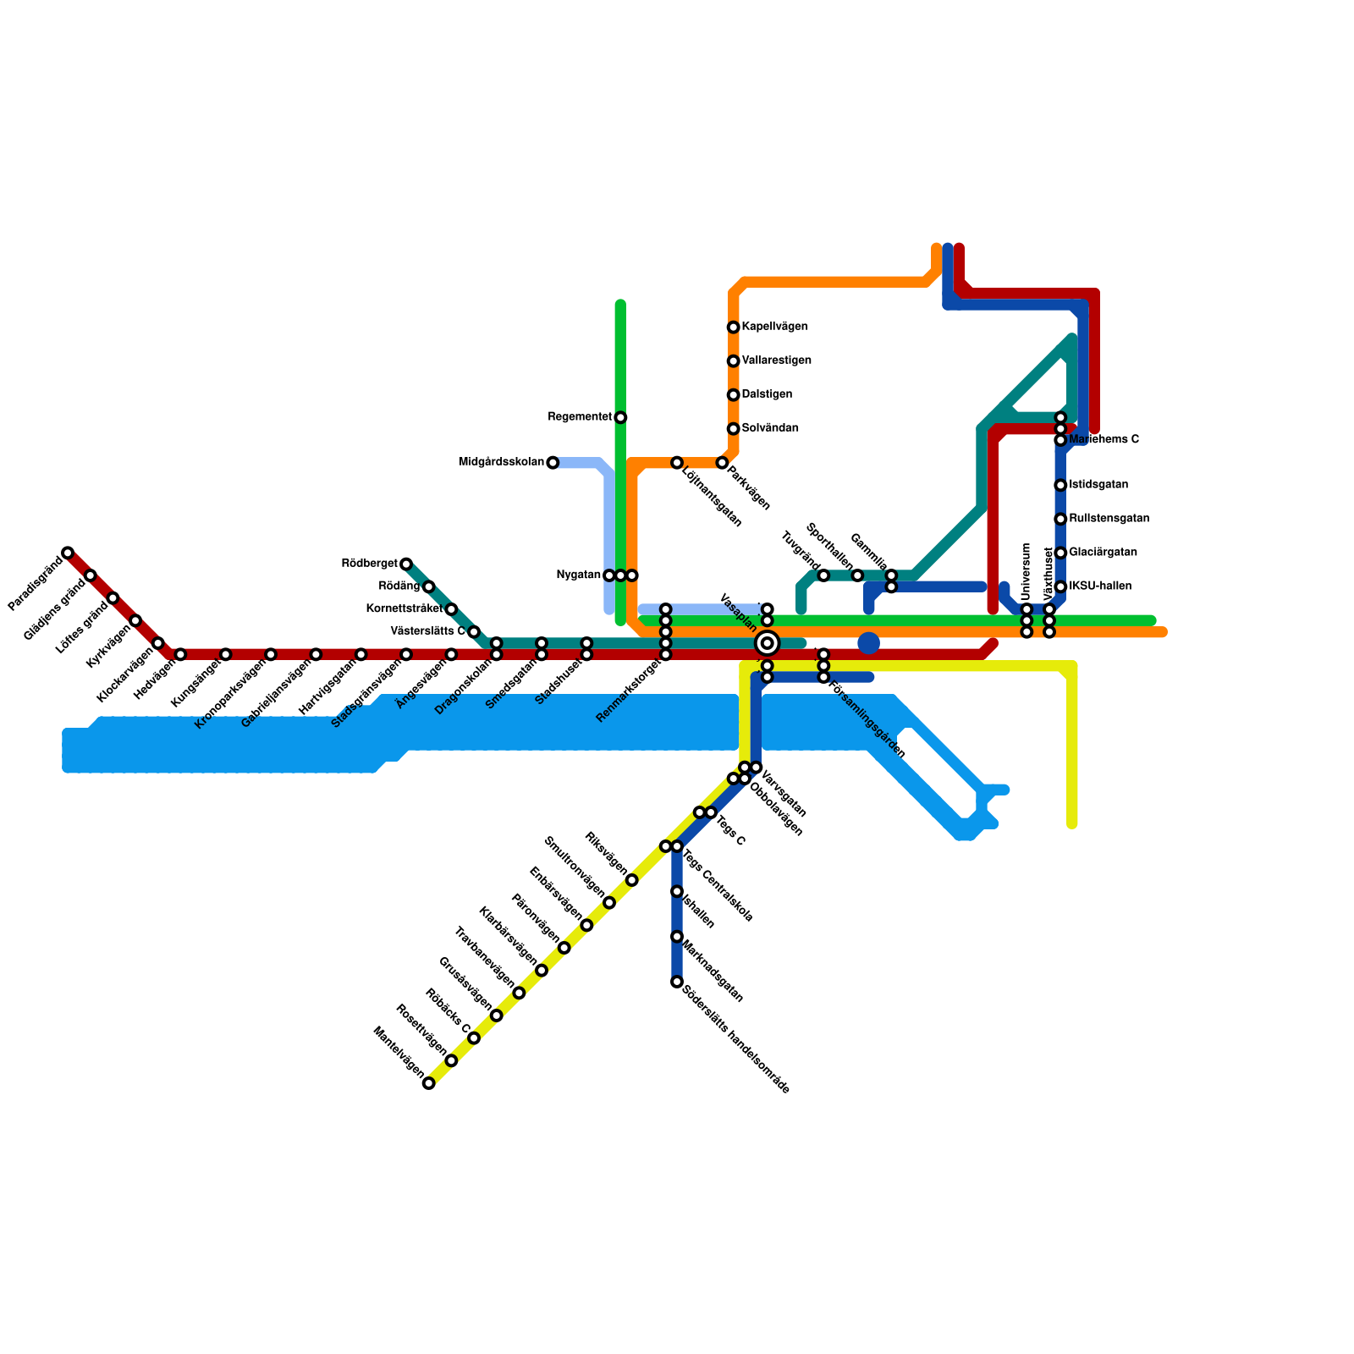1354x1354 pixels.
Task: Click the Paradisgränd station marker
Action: tap(68, 553)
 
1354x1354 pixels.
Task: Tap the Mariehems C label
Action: tap(1104, 440)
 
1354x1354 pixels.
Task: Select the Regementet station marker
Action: tap(620, 417)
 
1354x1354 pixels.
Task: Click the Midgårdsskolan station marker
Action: tap(553, 463)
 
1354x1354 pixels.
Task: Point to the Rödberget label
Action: tap(369, 564)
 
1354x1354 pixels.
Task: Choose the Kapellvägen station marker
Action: tap(733, 327)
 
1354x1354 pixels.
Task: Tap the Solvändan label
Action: tap(770, 429)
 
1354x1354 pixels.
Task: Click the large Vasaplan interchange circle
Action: tap(767, 643)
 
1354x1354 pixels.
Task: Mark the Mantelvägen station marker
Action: tap(429, 1083)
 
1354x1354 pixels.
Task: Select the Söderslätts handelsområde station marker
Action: tap(677, 982)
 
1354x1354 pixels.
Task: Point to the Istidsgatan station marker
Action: tap(1060, 485)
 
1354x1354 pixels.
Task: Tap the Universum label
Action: tap(1027, 571)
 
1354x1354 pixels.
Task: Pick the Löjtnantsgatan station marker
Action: tap(677, 463)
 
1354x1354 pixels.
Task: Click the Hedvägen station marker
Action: tap(180, 654)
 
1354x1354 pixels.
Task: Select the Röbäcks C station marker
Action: tap(474, 1038)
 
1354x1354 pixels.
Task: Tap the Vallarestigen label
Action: tap(776, 361)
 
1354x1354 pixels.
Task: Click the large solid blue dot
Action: tap(868, 643)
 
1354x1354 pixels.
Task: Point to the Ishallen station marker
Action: tap(677, 891)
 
